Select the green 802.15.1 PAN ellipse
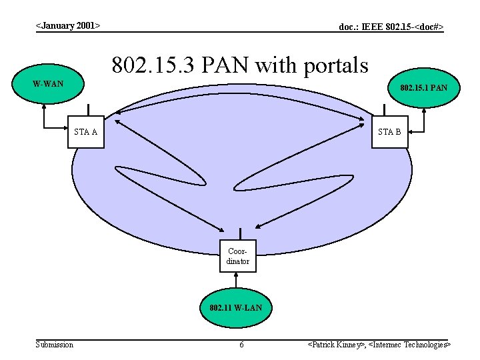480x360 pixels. (423, 87)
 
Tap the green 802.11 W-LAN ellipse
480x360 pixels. (235, 308)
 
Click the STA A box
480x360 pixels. (86, 131)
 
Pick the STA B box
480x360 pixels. (389, 131)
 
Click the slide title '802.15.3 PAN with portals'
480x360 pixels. (240, 65)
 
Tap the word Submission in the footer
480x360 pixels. (55, 344)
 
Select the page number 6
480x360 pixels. (241, 345)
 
